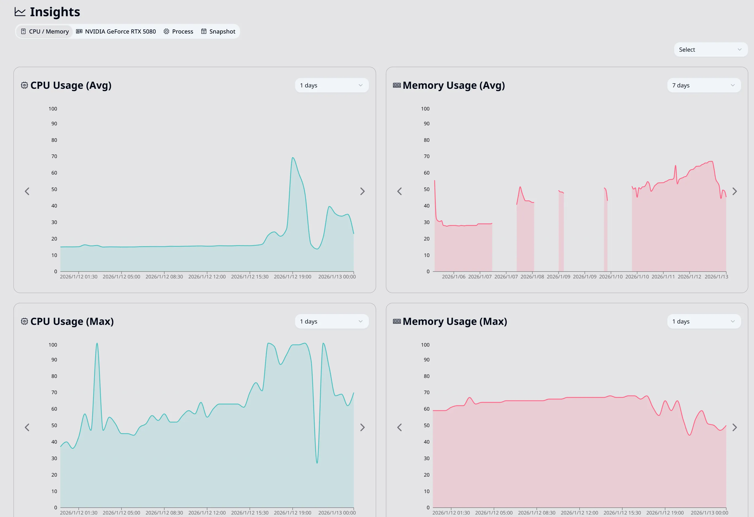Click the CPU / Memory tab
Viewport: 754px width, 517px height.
[x=45, y=31]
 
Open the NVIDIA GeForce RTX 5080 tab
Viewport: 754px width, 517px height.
[x=116, y=31]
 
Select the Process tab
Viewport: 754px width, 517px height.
[x=179, y=31]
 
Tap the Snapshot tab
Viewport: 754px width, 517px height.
[x=218, y=31]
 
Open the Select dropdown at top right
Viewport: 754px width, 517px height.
[x=710, y=49]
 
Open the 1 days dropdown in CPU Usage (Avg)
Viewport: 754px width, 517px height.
[x=331, y=85]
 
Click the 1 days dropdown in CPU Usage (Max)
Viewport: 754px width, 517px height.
[x=331, y=321]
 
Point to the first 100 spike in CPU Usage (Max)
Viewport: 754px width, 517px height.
[x=97, y=344]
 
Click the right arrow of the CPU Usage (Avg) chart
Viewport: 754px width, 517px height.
[x=362, y=191]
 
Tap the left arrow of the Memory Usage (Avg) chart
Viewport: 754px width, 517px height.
[x=399, y=191]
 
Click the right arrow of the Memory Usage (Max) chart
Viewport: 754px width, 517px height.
[x=734, y=427]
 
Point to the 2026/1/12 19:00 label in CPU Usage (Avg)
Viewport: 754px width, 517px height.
[x=292, y=277]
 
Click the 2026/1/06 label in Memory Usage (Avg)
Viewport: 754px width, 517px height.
[x=453, y=277]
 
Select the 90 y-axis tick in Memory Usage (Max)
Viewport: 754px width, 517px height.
[x=426, y=360]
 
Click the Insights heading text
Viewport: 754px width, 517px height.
[x=55, y=12]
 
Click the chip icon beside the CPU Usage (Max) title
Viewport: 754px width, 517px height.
[x=24, y=321]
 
